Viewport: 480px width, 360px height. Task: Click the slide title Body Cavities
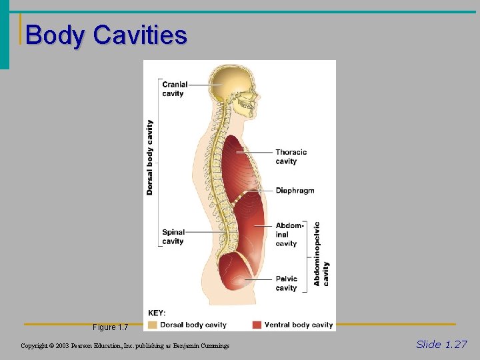(106, 35)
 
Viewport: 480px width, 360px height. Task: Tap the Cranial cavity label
(175, 89)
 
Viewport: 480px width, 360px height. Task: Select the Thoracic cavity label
(291, 157)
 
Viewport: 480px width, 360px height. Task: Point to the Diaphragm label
(295, 191)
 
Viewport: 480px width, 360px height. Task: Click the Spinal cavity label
(173, 237)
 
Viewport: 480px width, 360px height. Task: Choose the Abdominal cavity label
(289, 235)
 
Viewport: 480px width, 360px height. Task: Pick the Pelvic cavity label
(287, 283)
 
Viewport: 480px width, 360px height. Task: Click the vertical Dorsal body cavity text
(150, 157)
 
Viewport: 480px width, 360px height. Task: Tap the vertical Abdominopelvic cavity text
(321, 254)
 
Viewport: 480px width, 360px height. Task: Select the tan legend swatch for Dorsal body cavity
(153, 325)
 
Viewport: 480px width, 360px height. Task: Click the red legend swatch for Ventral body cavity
(257, 325)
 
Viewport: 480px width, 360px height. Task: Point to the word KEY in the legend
(157, 313)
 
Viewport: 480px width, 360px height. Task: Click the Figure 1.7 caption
(110, 327)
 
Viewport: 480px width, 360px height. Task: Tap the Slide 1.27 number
(441, 344)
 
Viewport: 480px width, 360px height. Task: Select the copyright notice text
(125, 346)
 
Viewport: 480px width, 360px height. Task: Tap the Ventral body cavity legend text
(298, 325)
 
